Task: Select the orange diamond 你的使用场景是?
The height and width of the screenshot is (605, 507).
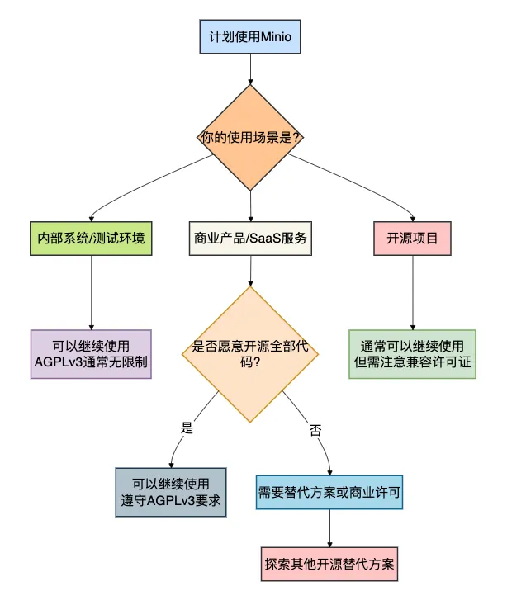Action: tap(250, 137)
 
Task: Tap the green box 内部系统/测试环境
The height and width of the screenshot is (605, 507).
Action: tap(91, 238)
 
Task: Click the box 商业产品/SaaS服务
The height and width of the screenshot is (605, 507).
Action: tap(250, 238)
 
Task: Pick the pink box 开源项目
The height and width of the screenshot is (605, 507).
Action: tap(412, 238)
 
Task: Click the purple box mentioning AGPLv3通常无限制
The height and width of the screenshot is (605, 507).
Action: tap(91, 354)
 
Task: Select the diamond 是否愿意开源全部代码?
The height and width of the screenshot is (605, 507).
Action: tap(250, 354)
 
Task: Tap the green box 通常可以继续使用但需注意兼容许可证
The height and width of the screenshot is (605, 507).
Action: tap(412, 354)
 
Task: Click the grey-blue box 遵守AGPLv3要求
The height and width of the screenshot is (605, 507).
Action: tap(170, 494)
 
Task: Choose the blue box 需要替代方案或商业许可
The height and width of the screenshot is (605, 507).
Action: tap(330, 494)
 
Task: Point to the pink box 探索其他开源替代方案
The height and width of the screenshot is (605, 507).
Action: tap(330, 566)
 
